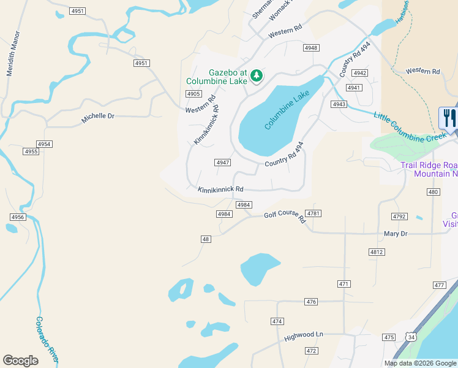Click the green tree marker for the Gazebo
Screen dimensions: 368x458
click(x=257, y=76)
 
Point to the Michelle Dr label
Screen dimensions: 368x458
click(x=98, y=117)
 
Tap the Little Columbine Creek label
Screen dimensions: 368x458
click(x=410, y=127)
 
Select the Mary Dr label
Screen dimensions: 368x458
click(x=395, y=234)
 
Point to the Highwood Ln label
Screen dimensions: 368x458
click(x=303, y=335)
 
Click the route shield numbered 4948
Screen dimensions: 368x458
click(x=311, y=47)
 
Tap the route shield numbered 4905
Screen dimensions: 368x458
click(x=193, y=94)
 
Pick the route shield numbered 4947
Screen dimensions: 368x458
click(x=222, y=163)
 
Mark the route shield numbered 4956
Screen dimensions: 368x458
click(x=18, y=217)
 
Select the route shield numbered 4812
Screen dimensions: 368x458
click(x=377, y=252)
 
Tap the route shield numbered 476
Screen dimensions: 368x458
click(x=311, y=302)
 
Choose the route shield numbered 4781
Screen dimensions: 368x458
click(x=313, y=213)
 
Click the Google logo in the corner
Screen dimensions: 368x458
click(x=21, y=361)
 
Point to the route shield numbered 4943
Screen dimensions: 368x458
click(x=339, y=104)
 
